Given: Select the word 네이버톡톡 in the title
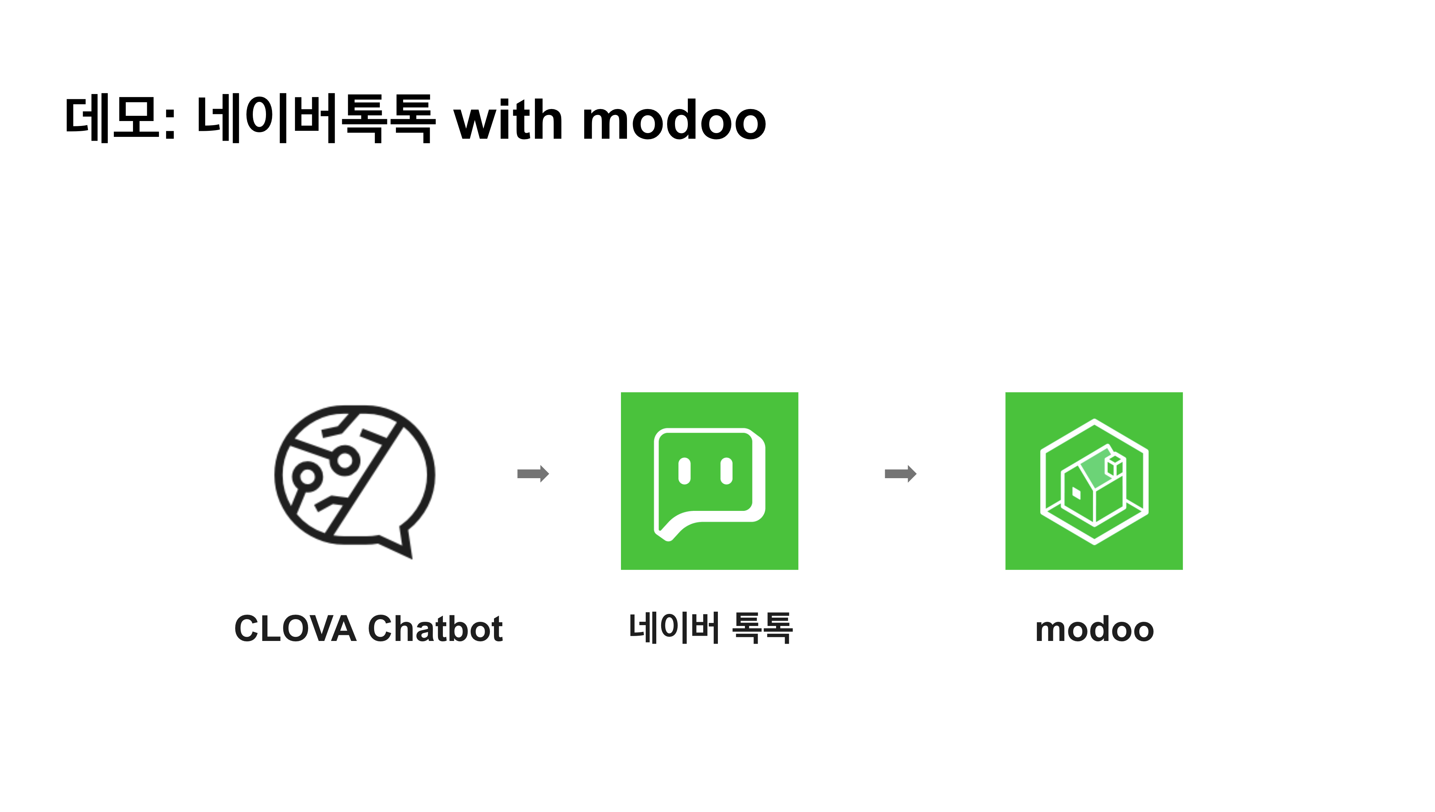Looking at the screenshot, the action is [x=316, y=119].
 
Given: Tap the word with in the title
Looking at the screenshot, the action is [x=508, y=120].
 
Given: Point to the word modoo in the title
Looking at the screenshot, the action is [x=674, y=120].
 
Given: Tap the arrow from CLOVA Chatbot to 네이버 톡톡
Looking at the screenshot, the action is [x=533, y=474].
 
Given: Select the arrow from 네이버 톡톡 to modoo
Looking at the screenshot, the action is [x=900, y=474].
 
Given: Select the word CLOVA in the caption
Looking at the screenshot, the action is [x=295, y=629].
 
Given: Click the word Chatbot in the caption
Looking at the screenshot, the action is [x=435, y=629].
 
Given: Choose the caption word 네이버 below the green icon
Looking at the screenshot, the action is [x=674, y=628].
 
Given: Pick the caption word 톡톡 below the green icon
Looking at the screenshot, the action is [x=762, y=628].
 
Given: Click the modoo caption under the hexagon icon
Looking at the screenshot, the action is [x=1094, y=630].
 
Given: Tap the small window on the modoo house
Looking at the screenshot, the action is [x=1076, y=493].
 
